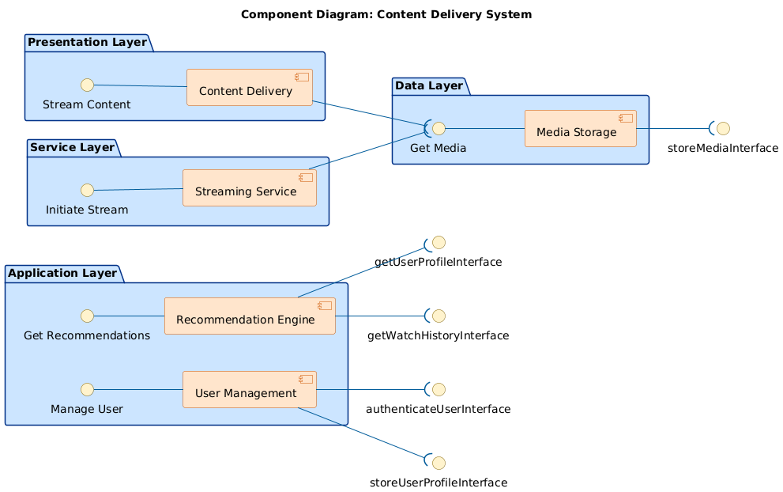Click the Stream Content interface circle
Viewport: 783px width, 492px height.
[x=88, y=85]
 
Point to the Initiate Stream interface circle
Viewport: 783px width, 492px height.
[x=88, y=190]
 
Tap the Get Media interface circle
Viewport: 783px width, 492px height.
[x=439, y=128]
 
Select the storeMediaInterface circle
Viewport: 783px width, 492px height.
[x=722, y=128]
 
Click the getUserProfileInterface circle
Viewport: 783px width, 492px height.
[x=439, y=242]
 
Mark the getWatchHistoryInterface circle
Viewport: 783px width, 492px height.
[x=439, y=316]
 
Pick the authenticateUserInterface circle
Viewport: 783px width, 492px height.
[x=439, y=389]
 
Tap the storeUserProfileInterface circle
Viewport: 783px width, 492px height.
[x=439, y=462]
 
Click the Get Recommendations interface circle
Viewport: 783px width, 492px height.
[x=88, y=316]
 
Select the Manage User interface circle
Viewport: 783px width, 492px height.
[x=88, y=389]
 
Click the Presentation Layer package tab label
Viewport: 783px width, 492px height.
[x=87, y=42]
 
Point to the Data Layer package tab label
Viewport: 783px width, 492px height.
[x=428, y=85]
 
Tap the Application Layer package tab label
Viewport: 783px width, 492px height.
[x=62, y=274]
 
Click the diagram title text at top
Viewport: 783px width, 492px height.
[x=386, y=14]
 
